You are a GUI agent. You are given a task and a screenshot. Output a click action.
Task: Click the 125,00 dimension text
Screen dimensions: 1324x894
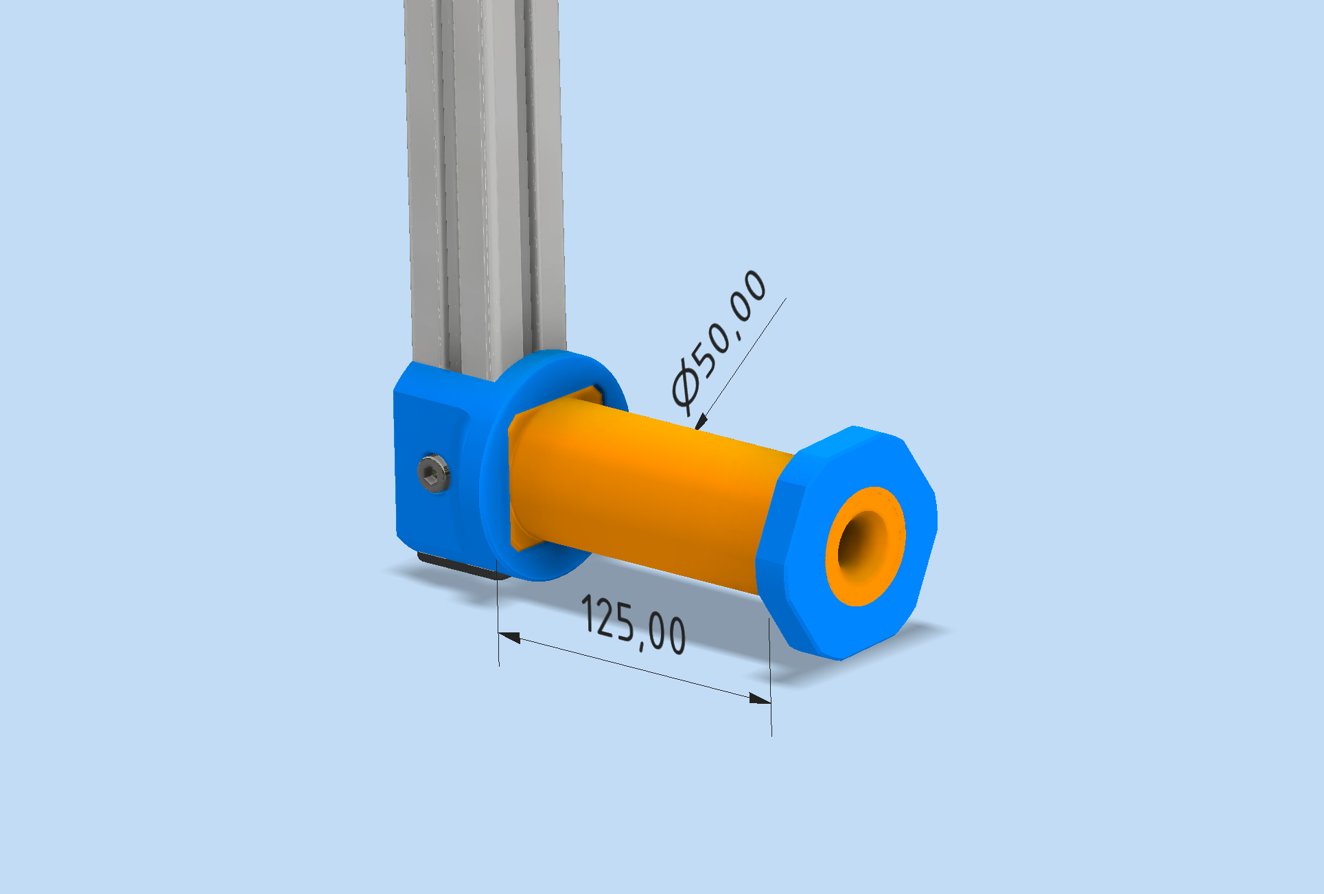click(634, 624)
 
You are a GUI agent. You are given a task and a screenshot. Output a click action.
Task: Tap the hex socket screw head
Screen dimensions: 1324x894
click(434, 473)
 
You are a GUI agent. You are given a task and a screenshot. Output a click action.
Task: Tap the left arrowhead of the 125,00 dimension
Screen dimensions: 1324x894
click(509, 638)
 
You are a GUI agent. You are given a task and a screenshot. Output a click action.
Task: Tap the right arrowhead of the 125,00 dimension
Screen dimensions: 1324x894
click(760, 698)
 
